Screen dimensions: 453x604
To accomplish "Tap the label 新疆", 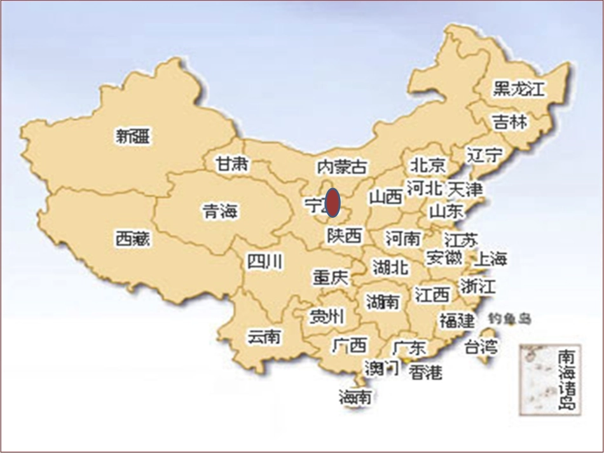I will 134,136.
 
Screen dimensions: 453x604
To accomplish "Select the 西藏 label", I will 134,239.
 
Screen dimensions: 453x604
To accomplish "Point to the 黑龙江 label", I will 519,88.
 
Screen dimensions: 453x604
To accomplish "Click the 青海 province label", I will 220,211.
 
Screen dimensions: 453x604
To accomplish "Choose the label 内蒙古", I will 342,167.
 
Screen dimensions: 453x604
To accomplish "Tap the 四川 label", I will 265,261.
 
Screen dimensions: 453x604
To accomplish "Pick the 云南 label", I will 264,336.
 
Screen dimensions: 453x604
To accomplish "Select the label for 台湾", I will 480,347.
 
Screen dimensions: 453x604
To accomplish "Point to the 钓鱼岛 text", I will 509,318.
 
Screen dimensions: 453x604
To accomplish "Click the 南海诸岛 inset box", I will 549,379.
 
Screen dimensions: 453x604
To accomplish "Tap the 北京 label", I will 427,165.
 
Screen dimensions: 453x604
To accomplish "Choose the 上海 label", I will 491,259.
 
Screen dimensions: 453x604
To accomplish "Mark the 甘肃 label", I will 232,164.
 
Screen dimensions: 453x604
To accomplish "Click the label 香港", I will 425,372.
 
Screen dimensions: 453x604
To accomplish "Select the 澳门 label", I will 381,367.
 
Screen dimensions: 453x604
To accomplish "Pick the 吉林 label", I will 510,121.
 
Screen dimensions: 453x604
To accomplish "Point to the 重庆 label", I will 331,278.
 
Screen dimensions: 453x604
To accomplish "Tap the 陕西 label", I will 344,236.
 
